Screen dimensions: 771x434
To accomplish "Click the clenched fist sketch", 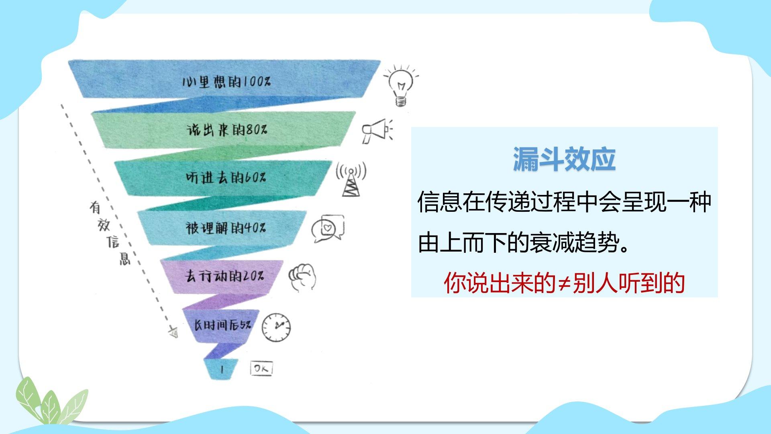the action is [x=302, y=277].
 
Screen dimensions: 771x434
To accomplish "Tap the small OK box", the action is [x=261, y=368].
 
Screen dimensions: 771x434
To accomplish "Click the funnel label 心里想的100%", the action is [x=226, y=82].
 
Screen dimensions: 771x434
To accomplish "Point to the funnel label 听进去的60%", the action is [x=226, y=177].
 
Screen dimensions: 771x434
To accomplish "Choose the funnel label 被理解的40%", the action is [x=225, y=228].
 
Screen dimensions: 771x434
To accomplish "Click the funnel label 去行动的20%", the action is [x=224, y=276].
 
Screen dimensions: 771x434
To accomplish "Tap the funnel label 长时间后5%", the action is [x=223, y=325].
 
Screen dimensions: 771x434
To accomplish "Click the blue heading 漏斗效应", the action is [x=564, y=160].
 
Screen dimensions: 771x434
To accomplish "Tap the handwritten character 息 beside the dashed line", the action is [x=125, y=258].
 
